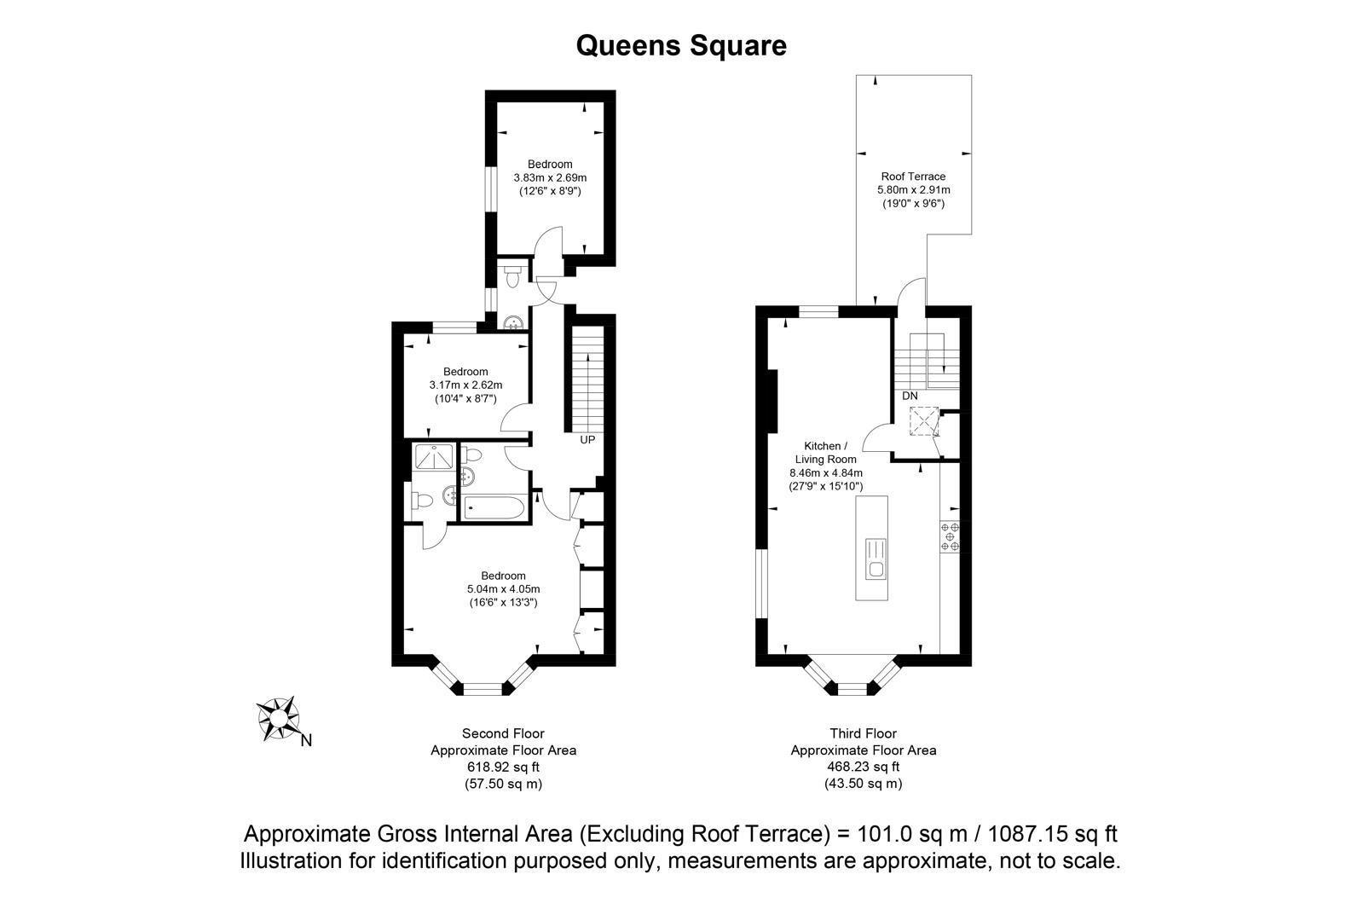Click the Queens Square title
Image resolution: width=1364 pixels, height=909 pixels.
tap(681, 45)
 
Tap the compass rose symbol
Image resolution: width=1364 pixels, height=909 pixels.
tap(278, 717)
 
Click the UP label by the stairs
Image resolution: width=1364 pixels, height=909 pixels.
tap(587, 440)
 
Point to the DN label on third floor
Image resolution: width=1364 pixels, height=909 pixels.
tap(910, 396)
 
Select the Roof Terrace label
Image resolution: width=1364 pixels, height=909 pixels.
tap(913, 177)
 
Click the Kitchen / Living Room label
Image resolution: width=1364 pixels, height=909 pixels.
tap(826, 453)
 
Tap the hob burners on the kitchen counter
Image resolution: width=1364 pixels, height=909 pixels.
tap(950, 537)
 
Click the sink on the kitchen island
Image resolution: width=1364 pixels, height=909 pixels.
tap(876, 558)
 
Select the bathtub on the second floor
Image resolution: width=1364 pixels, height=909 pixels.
tap(495, 508)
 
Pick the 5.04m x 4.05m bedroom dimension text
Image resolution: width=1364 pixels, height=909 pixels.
tap(503, 588)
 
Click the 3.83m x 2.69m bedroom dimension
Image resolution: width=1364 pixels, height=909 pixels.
tap(550, 177)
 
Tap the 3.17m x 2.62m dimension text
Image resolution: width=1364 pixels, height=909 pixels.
tap(465, 385)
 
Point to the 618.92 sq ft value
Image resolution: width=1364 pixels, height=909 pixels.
tap(503, 767)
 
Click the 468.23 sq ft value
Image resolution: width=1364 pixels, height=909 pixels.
tap(863, 767)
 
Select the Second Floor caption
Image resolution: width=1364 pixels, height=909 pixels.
tap(503, 733)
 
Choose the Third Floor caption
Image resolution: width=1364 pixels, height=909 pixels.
tap(863, 733)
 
